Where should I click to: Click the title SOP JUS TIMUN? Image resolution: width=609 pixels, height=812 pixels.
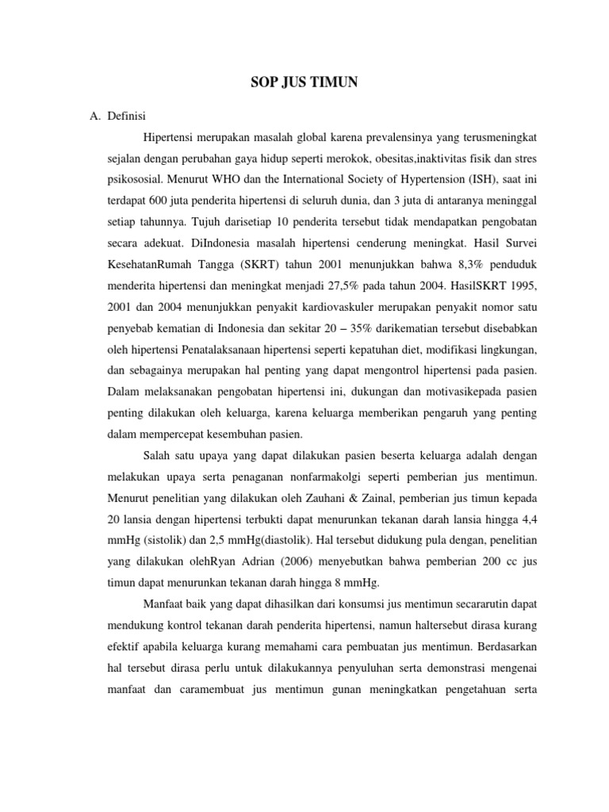304,82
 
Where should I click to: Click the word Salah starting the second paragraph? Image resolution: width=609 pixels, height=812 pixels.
158,454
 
